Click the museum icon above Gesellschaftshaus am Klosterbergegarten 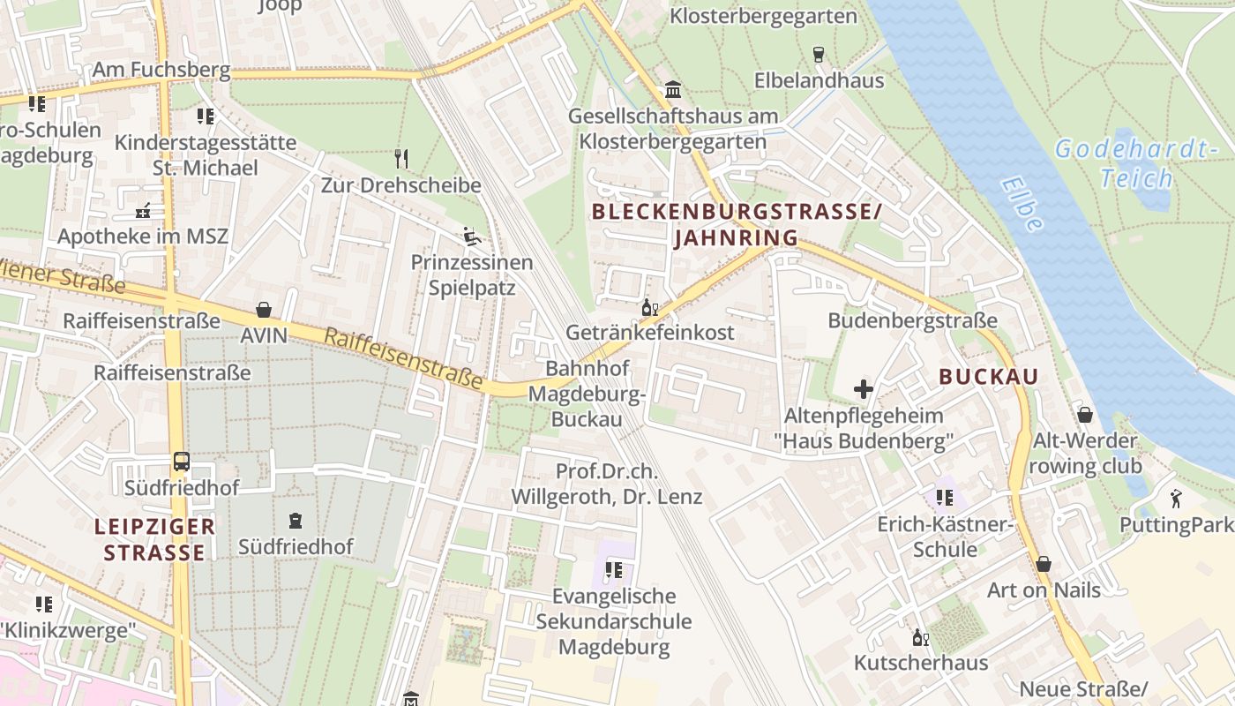pyautogui.click(x=674, y=89)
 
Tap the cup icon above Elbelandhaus pyautogui.click(x=819, y=55)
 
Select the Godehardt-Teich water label pyautogui.click(x=1136, y=163)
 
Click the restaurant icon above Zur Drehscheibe pyautogui.click(x=401, y=159)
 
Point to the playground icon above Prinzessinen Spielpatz pyautogui.click(x=472, y=236)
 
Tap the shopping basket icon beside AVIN pyautogui.click(x=264, y=310)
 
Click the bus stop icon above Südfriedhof pyautogui.click(x=181, y=462)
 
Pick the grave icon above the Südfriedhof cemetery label pyautogui.click(x=296, y=521)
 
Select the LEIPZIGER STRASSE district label pyautogui.click(x=155, y=540)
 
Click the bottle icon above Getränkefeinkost pyautogui.click(x=650, y=307)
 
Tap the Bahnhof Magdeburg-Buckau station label pyautogui.click(x=587, y=393)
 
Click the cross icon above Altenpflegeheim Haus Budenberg pyautogui.click(x=864, y=388)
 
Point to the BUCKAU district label pyautogui.click(x=988, y=377)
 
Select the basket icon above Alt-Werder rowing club pyautogui.click(x=1085, y=415)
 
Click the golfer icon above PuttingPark pyautogui.click(x=1176, y=499)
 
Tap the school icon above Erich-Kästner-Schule pyautogui.click(x=944, y=498)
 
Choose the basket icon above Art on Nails pyautogui.click(x=1044, y=564)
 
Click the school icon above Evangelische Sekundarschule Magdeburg pyautogui.click(x=614, y=571)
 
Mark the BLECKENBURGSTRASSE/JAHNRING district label pyautogui.click(x=737, y=225)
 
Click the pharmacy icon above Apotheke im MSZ pyautogui.click(x=143, y=210)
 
